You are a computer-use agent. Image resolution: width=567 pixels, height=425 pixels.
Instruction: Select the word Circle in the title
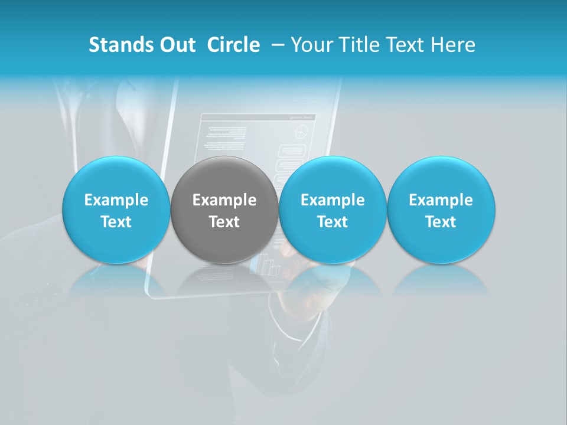click(x=233, y=45)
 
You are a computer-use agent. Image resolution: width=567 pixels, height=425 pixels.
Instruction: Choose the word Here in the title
click(x=453, y=45)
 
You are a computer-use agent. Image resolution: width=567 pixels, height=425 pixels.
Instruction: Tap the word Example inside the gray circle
click(x=224, y=200)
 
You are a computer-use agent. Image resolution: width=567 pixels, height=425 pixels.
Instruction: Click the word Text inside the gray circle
click(x=224, y=222)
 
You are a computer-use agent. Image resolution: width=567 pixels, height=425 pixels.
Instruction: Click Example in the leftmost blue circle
click(x=116, y=200)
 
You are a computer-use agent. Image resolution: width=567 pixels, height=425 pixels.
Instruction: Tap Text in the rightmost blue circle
click(x=441, y=222)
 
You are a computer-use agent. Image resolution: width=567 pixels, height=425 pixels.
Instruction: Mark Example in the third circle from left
click(x=333, y=200)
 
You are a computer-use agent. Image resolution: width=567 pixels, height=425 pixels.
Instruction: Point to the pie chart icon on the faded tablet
click(x=302, y=132)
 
